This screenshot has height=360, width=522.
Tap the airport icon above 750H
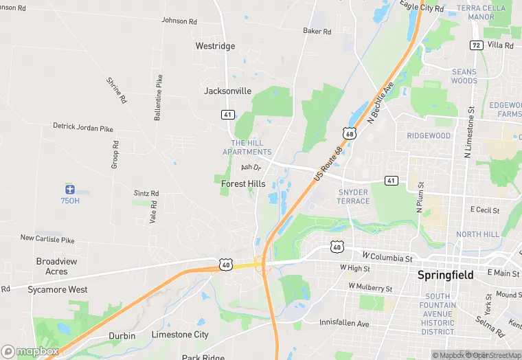pos(69,189)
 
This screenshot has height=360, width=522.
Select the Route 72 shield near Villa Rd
pos(476,45)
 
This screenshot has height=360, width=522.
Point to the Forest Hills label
pos(243,184)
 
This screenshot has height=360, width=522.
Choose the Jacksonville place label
pos(228,91)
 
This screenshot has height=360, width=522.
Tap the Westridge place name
pos(215,46)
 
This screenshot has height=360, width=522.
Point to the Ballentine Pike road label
pos(159,98)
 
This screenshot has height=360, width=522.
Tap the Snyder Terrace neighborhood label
pos(354,196)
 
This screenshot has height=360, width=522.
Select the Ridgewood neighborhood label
pos(429,136)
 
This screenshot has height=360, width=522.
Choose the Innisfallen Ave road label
pos(345,323)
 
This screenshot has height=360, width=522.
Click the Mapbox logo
pos(30,351)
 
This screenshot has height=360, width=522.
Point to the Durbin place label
pos(122,336)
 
